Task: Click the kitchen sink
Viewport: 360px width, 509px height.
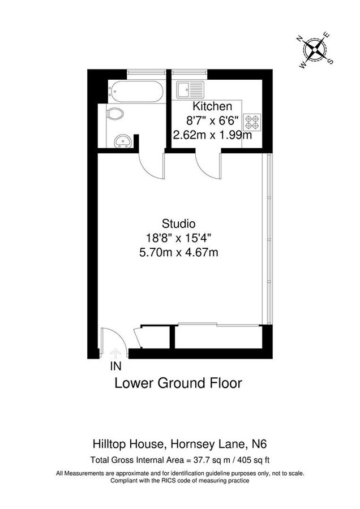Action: click(x=186, y=89)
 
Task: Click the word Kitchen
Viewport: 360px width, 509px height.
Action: click(x=212, y=106)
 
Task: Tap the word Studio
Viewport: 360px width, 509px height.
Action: click(x=178, y=223)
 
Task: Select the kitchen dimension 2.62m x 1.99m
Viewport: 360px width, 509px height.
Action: click(x=212, y=135)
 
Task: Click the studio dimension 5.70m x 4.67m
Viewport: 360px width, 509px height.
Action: click(x=178, y=253)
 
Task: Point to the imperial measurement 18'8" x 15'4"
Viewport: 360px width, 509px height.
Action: click(x=178, y=238)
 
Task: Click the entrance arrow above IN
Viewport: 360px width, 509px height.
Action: click(x=117, y=353)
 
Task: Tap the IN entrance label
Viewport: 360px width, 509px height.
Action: click(x=116, y=366)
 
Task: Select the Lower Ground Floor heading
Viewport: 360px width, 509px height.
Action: click(x=178, y=383)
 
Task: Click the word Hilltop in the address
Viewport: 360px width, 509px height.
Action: click(x=108, y=444)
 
